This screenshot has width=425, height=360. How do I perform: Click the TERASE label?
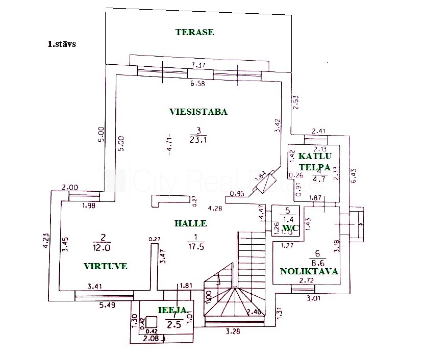click(194, 32)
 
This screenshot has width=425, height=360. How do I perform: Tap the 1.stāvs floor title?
click(61, 44)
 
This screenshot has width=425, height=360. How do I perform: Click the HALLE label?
click(190, 223)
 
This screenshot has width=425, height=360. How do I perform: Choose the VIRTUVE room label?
click(106, 266)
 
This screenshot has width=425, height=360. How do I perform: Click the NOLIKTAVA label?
click(309, 271)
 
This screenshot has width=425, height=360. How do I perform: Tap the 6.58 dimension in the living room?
click(197, 84)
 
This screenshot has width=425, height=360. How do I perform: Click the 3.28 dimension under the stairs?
click(234, 331)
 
